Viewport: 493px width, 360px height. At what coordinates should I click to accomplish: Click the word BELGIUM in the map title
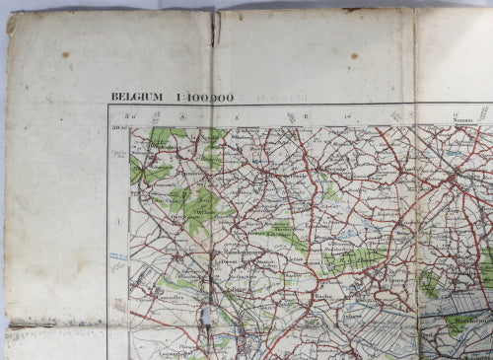click(x=137, y=98)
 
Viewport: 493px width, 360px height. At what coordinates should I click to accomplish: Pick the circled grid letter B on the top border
click(x=306, y=116)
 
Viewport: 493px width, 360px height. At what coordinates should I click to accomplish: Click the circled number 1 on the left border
click(x=119, y=222)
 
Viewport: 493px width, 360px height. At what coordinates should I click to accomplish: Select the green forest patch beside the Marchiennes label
click(x=458, y=324)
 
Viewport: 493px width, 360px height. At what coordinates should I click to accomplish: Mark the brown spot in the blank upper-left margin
click(x=65, y=54)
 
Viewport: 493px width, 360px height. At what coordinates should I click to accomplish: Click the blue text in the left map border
click(x=118, y=257)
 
